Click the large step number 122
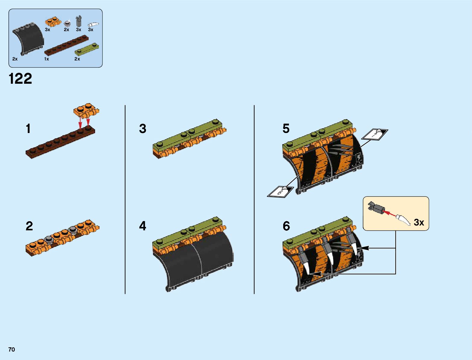point(21,79)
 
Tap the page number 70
point(11,350)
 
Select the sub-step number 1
point(28,129)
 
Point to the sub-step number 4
point(143,226)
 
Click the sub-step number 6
point(286,226)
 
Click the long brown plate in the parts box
point(67,46)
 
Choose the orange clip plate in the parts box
point(51,21)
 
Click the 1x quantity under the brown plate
point(46,59)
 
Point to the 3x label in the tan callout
point(419,222)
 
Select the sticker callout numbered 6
point(280,192)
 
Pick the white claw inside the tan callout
point(403,219)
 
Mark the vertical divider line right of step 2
point(125,199)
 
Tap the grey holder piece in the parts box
point(79,21)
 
